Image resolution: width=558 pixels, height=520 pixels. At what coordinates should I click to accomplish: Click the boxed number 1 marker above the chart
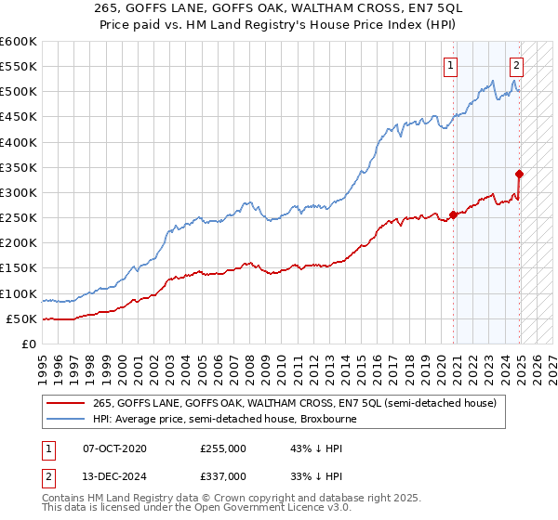pyautogui.click(x=450, y=65)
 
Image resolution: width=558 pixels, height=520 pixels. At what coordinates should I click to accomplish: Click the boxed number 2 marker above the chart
pyautogui.click(x=516, y=65)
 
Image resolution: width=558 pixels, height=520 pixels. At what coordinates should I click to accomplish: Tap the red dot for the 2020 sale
pyautogui.click(x=453, y=215)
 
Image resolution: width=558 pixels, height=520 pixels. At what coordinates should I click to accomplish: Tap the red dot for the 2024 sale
pyautogui.click(x=519, y=174)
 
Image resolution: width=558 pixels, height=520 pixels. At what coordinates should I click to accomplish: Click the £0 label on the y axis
pyautogui.click(x=28, y=344)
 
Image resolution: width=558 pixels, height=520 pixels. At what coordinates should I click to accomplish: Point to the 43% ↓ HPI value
pyautogui.click(x=304, y=448)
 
